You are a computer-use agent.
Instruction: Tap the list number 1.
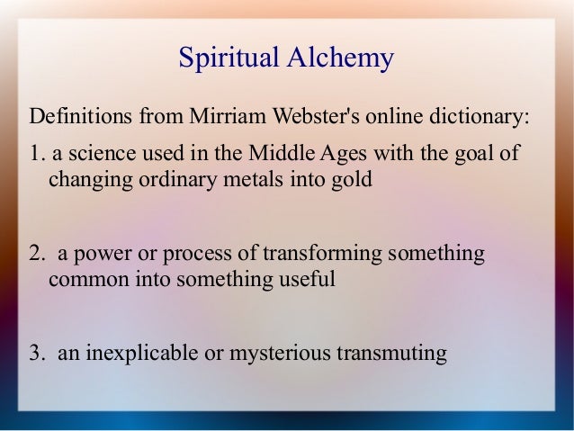tap(36, 154)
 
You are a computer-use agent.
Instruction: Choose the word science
tap(94, 154)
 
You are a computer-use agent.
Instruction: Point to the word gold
tap(352, 178)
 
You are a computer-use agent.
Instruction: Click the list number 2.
tap(36, 254)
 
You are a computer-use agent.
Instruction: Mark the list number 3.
tap(36, 353)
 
